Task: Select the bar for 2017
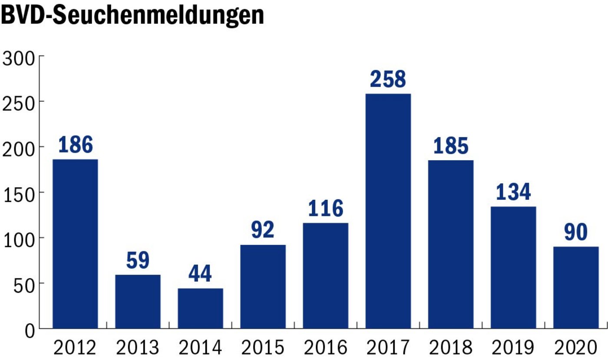point(388,211)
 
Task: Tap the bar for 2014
point(200,308)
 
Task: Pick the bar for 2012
point(75,244)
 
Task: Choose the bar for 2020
point(576,287)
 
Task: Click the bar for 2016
point(326,276)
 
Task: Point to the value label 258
point(388,79)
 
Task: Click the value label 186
point(75,145)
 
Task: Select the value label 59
point(138,260)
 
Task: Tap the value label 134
point(513,192)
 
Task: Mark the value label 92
point(263,230)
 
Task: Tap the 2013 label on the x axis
point(138,348)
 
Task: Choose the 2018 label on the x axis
point(451,348)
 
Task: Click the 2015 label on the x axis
point(263,348)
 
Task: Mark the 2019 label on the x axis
point(513,348)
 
